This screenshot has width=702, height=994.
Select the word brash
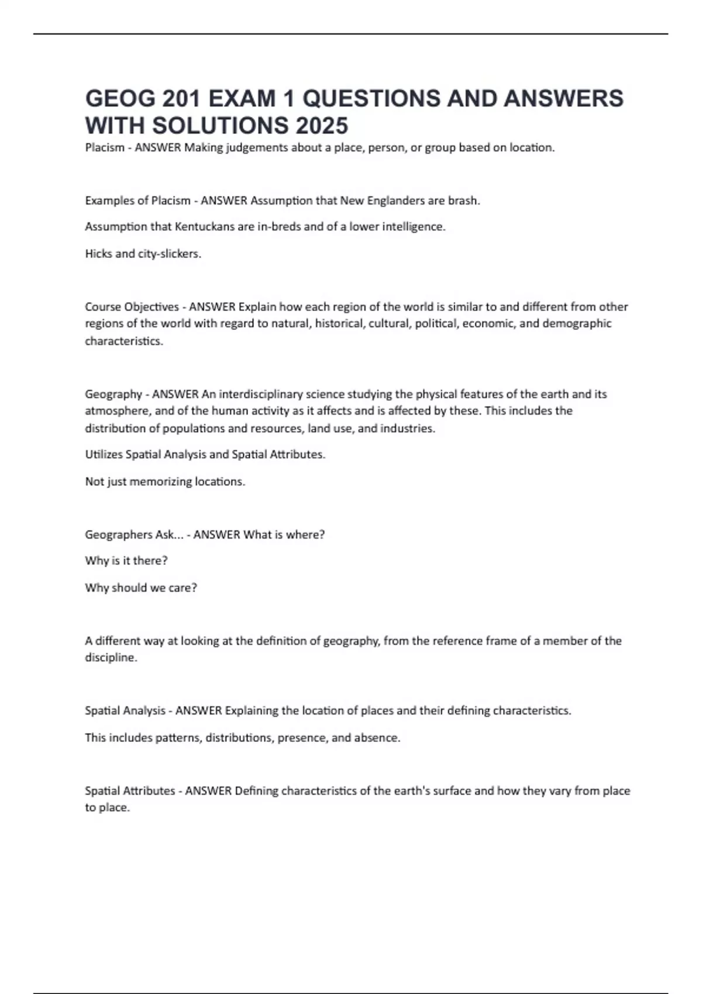(464, 201)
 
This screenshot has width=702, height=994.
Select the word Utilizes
(104, 454)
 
